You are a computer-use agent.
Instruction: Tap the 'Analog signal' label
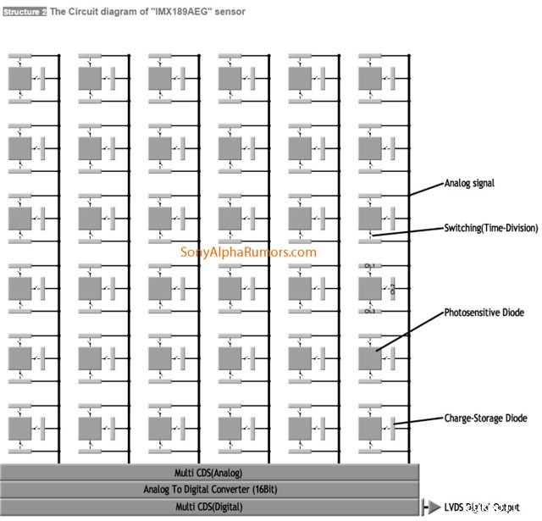click(469, 183)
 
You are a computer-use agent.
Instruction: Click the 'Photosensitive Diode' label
click(484, 313)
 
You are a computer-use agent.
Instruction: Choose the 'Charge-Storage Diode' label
click(485, 418)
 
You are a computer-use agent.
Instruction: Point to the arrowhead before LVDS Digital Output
click(435, 508)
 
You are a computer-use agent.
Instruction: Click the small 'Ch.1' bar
click(369, 266)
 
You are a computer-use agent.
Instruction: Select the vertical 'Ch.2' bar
click(393, 289)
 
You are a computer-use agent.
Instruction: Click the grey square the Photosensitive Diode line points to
click(369, 357)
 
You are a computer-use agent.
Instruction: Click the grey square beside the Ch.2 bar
click(369, 289)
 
